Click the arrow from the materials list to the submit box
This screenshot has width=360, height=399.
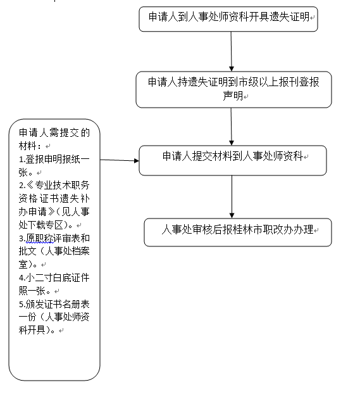(x=120, y=160)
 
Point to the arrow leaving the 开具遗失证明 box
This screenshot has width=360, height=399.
(x=231, y=51)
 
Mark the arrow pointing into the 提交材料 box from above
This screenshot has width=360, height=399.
(x=231, y=127)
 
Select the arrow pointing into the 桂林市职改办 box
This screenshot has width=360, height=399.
(x=232, y=197)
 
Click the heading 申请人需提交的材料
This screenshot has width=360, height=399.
(x=54, y=139)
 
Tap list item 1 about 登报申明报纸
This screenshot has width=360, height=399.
(x=54, y=166)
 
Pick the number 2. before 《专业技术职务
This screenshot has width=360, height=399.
(x=22, y=185)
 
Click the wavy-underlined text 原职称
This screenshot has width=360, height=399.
(x=39, y=238)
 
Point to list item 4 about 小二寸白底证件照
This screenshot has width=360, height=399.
(x=54, y=284)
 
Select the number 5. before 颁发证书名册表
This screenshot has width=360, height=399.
(x=22, y=304)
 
